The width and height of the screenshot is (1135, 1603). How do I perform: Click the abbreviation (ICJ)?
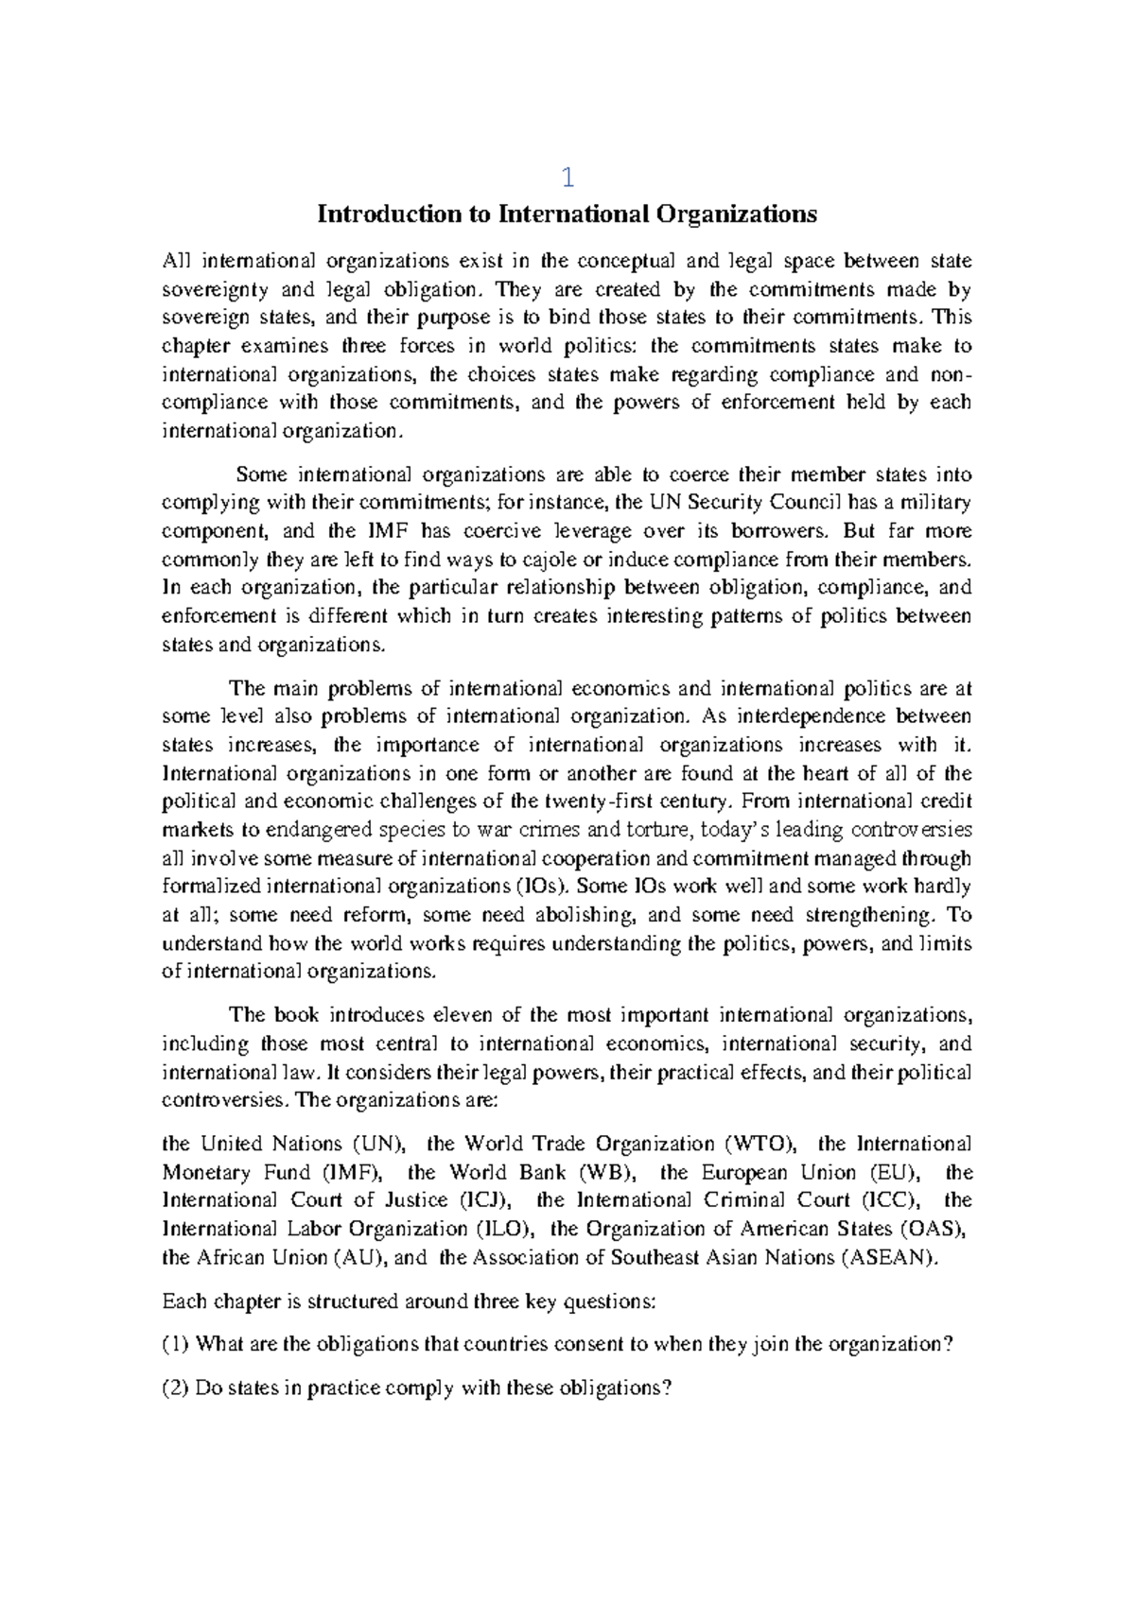(x=488, y=1200)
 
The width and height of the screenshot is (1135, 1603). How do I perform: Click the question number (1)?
(x=176, y=1345)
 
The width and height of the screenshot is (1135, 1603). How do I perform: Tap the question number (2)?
(x=176, y=1388)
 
